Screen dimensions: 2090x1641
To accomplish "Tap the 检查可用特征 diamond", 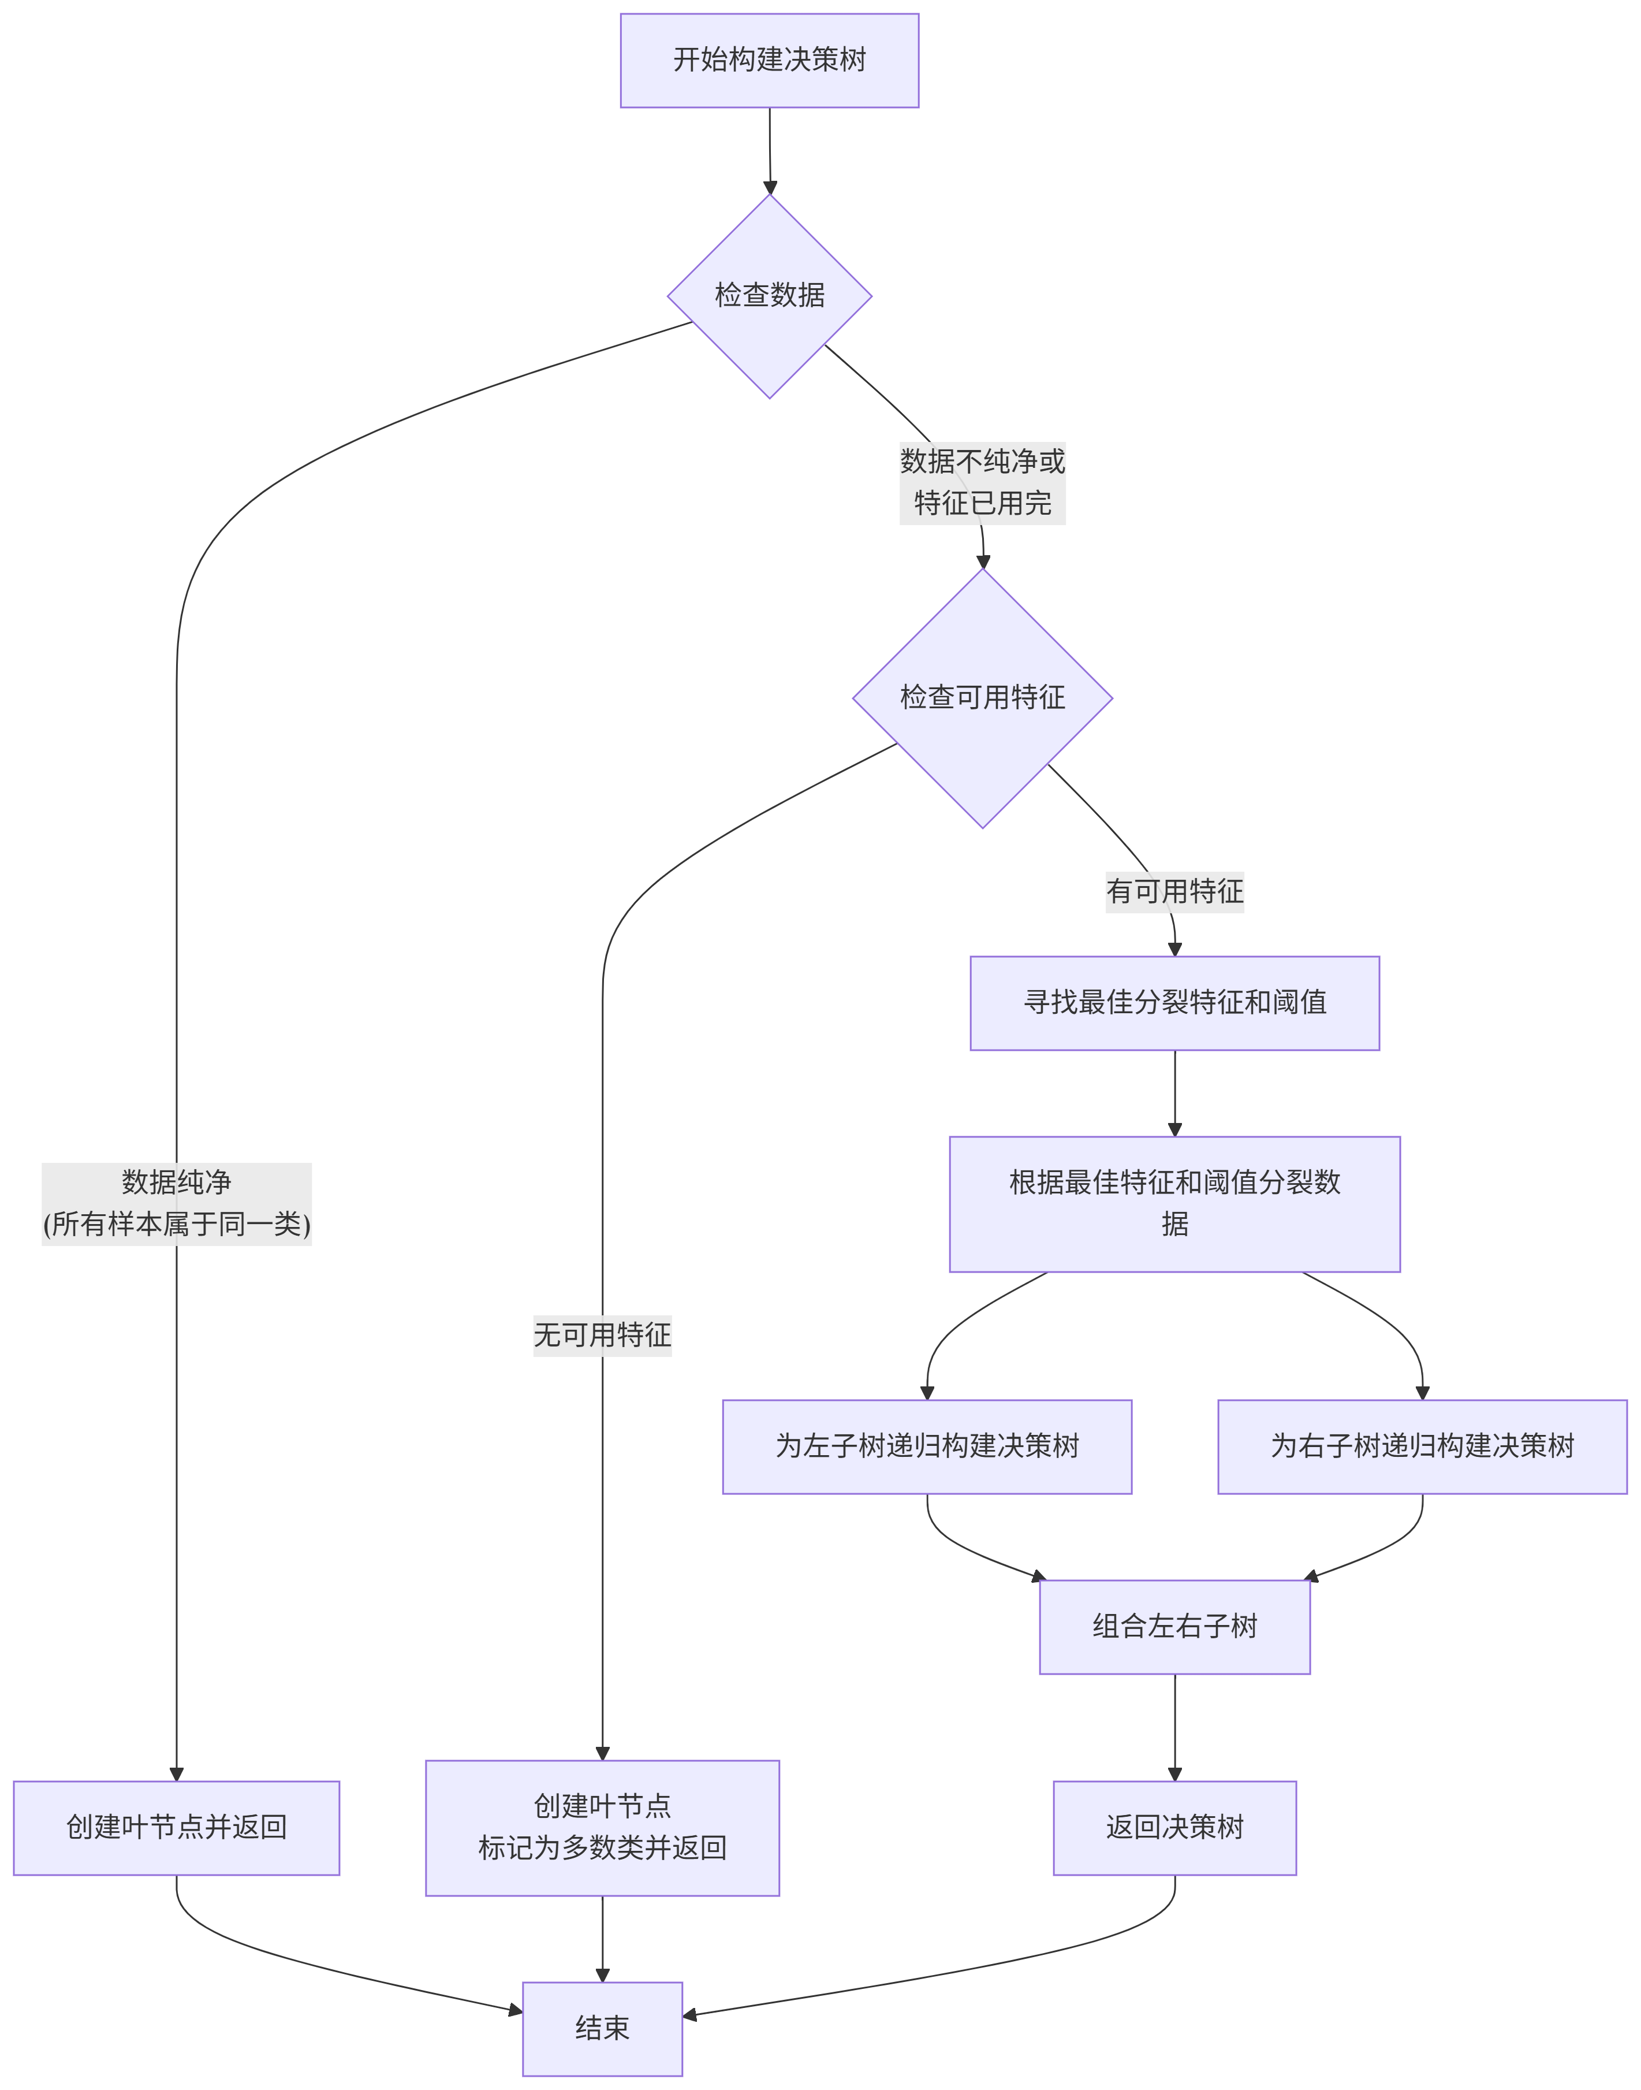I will tap(982, 698).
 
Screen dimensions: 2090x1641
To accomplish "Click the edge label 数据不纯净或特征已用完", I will tap(982, 482).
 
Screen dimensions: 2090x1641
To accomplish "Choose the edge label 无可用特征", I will tap(602, 1335).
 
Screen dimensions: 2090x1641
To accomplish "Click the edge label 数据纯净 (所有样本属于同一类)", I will tap(177, 1203).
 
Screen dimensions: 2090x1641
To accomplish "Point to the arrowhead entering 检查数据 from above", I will tap(770, 187).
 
